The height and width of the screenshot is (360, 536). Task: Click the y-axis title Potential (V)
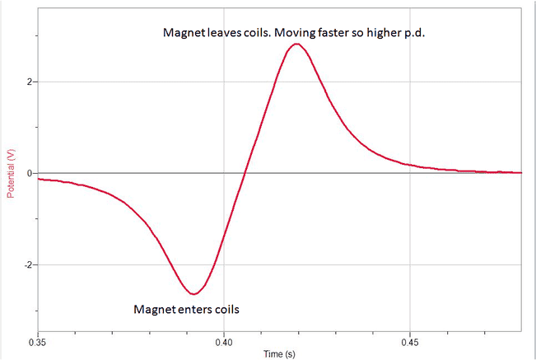click(x=11, y=173)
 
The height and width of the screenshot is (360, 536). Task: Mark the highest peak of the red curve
click(x=296, y=44)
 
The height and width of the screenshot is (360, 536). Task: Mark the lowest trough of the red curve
click(x=193, y=293)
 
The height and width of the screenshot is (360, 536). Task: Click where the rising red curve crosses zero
click(x=244, y=173)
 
